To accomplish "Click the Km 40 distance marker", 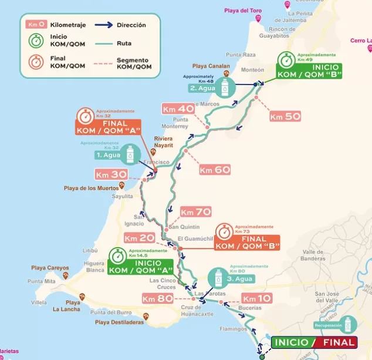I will tap(178, 109).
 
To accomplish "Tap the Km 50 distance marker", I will tap(285, 116).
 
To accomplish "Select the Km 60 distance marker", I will tap(214, 170).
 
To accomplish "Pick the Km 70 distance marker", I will tap(195, 212).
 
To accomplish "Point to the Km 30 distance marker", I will tap(111, 174).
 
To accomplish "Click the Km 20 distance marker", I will tap(139, 238).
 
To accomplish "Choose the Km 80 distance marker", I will tap(157, 298).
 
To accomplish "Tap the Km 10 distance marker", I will tap(256, 298).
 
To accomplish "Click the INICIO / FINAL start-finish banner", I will tap(314, 342).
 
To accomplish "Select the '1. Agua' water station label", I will tap(108, 156).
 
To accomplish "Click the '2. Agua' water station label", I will tap(202, 89).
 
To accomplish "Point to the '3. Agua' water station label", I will tap(239, 279).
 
